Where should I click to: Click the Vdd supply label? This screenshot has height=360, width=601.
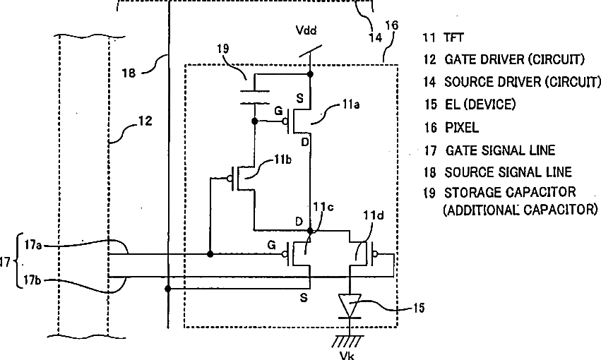coord(307,30)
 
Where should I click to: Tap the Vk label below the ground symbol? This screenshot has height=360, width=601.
coord(347,355)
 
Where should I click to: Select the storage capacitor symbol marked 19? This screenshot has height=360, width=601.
coord(254,97)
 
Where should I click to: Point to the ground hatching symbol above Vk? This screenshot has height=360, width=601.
coord(348,341)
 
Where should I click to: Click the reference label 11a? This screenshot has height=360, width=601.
coord(351,104)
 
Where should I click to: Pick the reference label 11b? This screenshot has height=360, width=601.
coord(282,160)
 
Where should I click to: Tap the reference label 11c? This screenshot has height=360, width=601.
coord(323,207)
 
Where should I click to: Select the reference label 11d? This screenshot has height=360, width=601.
coord(374,215)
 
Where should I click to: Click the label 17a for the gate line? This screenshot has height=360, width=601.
coord(33,244)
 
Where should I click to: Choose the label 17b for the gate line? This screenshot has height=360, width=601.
coord(32,280)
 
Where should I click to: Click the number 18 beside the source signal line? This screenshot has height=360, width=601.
coord(129,73)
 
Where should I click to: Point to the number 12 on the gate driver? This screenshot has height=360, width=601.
coord(145,121)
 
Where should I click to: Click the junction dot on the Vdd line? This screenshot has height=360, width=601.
coord(310,74)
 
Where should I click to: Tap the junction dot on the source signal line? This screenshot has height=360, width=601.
coord(168,289)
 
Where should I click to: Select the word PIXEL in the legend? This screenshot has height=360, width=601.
coord(462,128)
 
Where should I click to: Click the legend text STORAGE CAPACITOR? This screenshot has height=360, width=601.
coord(510,192)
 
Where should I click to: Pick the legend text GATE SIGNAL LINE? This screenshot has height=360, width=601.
coord(500,150)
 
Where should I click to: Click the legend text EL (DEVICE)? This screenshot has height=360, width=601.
coord(480,104)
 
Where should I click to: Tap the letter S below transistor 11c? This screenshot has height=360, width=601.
coord(304,298)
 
